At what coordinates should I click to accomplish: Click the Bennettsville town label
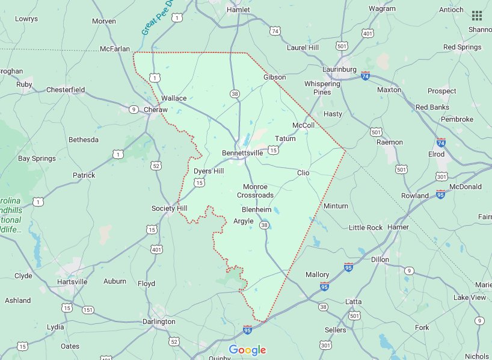click(x=242, y=153)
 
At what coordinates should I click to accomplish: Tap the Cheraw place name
click(x=155, y=110)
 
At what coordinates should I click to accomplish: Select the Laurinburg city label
click(x=339, y=69)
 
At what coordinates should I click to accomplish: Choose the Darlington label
click(x=159, y=321)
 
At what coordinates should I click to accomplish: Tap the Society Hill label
click(x=169, y=208)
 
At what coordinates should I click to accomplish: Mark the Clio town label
click(x=303, y=173)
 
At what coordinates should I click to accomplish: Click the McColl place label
click(x=303, y=125)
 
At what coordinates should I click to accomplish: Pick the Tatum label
click(x=285, y=138)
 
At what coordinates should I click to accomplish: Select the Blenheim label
click(x=256, y=209)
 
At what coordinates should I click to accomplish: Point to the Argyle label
click(x=243, y=221)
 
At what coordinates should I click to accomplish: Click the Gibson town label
click(x=274, y=77)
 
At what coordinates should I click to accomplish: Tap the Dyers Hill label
click(x=209, y=171)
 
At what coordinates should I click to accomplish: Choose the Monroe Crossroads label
click(x=255, y=191)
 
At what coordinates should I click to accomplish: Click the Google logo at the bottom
click(x=247, y=350)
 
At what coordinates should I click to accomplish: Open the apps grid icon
click(x=477, y=16)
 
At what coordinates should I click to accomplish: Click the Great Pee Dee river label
click(x=155, y=19)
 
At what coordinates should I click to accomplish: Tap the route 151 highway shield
click(x=88, y=310)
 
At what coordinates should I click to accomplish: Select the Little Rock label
click(x=366, y=228)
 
